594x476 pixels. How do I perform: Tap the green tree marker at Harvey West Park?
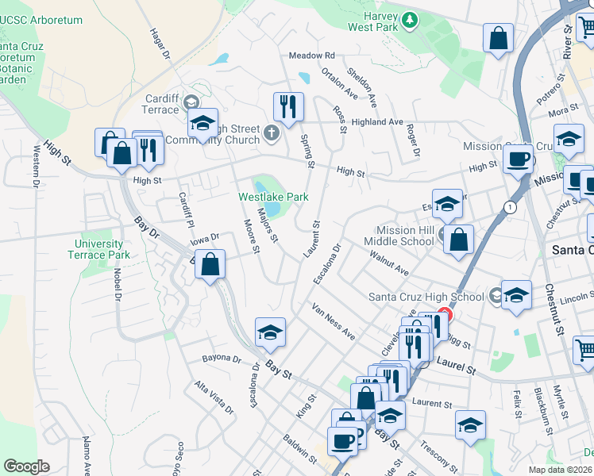tap(409, 19)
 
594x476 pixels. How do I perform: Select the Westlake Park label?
tap(273, 197)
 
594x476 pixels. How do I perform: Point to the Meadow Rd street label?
tap(311, 56)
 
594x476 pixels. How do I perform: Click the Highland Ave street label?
tap(378, 122)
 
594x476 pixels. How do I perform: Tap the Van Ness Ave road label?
tap(333, 321)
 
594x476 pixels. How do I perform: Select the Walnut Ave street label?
tap(389, 264)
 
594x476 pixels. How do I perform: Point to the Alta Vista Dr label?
tap(214, 398)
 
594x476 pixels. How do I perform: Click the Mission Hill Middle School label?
tap(399, 236)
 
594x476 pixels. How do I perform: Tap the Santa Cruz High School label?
tap(426, 297)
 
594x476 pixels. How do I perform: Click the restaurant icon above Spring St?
tap(287, 107)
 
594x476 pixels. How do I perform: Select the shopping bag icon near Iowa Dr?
tap(210, 264)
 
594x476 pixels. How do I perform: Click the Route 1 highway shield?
tap(507, 207)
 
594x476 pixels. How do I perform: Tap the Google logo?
tap(27, 466)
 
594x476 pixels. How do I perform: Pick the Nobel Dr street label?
tap(117, 283)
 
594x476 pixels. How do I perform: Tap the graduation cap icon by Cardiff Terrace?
tap(202, 124)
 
